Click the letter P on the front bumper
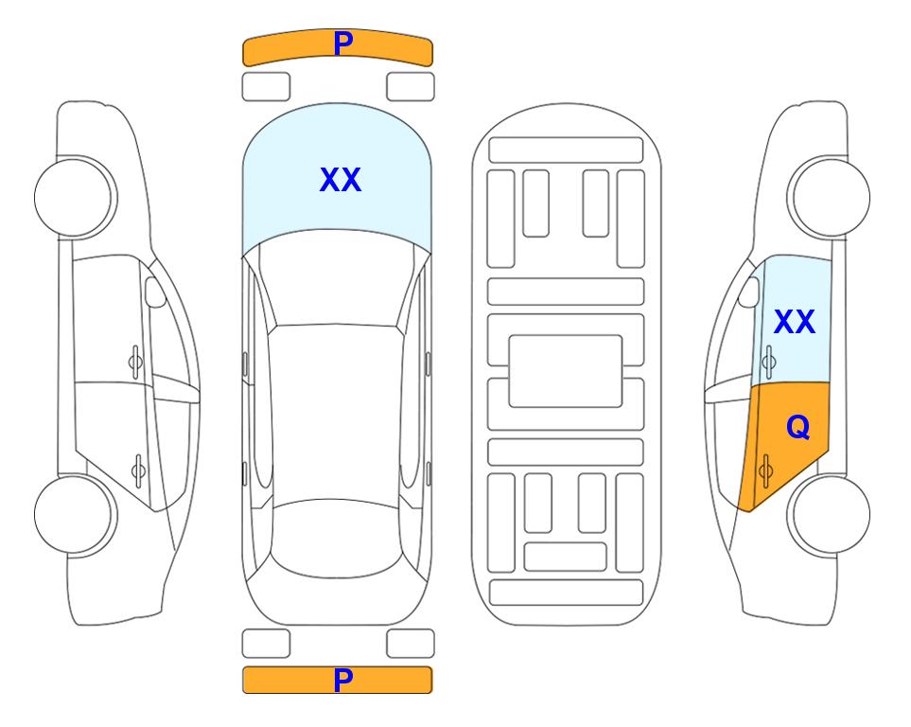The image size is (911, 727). [342, 43]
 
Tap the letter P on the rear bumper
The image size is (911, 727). [342, 680]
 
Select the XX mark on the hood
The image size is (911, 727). [341, 180]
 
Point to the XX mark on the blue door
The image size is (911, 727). [795, 322]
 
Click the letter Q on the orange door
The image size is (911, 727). [797, 428]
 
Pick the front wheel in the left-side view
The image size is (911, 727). [76, 198]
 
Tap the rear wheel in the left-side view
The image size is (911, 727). [76, 515]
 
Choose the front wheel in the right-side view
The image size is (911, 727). [829, 198]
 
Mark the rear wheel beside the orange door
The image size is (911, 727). [829, 515]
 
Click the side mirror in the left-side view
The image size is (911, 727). [155, 292]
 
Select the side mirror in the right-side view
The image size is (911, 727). [749, 292]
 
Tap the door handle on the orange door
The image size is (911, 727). [765, 470]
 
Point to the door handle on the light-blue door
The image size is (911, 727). [769, 362]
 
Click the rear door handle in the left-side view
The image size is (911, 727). [138, 470]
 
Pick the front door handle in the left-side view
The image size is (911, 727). [135, 362]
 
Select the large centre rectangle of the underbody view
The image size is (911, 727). [566, 371]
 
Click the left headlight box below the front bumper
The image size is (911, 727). [266, 87]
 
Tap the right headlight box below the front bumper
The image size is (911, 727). [411, 87]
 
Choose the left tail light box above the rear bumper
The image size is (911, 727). [266, 644]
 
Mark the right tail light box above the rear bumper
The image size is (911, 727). [411, 644]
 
